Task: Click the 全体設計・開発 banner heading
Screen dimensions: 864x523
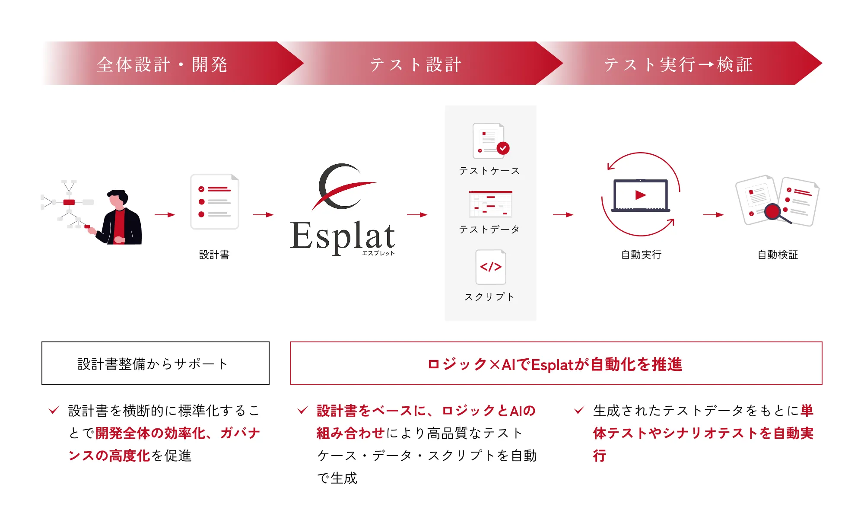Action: [x=162, y=64]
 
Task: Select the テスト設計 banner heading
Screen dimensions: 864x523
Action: [x=416, y=64]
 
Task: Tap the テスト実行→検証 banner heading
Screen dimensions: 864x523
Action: [x=678, y=64]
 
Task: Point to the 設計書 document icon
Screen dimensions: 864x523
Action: [x=215, y=201]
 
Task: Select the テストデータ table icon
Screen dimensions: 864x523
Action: [x=491, y=204]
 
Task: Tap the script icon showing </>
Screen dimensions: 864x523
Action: [x=491, y=267]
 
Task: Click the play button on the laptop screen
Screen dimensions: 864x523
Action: [x=641, y=195]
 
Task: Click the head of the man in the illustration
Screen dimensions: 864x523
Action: [x=118, y=198]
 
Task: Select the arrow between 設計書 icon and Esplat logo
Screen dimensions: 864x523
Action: [x=263, y=215]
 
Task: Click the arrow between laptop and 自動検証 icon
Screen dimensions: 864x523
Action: [x=713, y=215]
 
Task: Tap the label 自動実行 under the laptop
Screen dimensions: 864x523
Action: [x=641, y=255]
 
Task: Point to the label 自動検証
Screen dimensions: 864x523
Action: [x=778, y=255]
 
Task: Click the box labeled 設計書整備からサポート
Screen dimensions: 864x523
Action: [x=156, y=363]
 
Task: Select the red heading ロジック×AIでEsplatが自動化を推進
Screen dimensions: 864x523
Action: [x=555, y=364]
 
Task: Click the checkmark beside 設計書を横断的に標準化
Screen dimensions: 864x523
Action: [x=54, y=410]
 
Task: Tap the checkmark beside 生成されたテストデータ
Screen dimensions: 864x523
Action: [x=579, y=410]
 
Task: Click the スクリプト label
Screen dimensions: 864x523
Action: [x=489, y=297]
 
